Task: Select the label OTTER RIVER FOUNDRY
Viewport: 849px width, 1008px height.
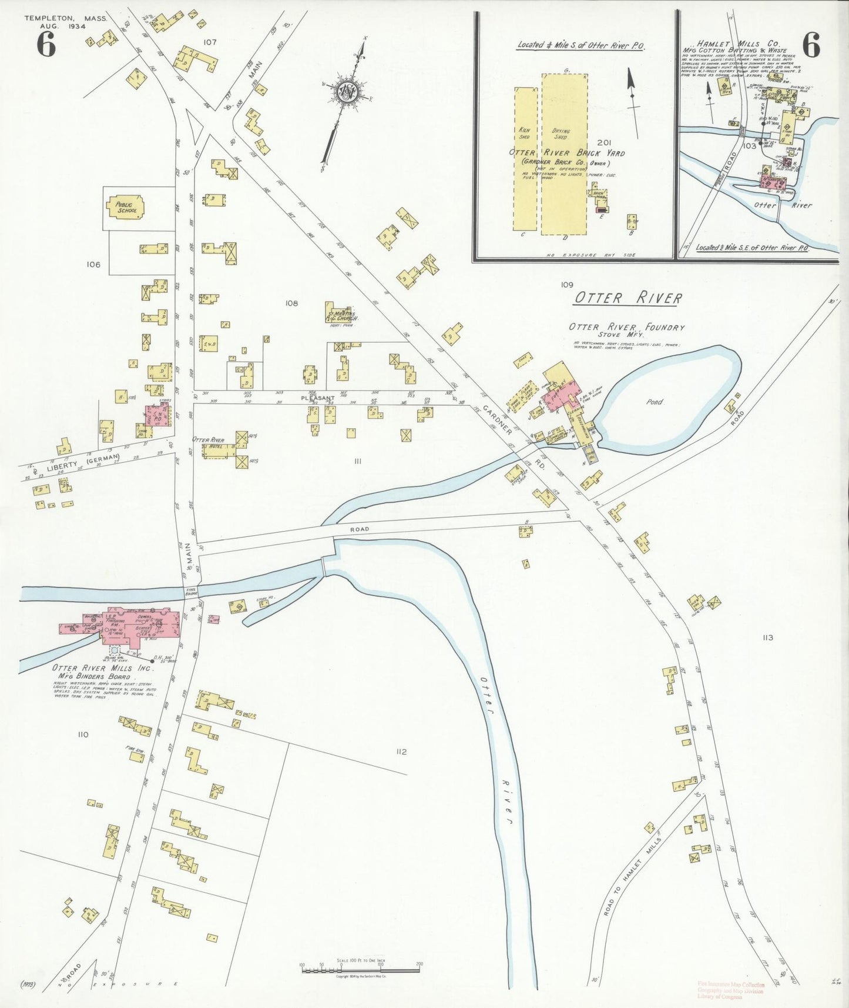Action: [x=626, y=328]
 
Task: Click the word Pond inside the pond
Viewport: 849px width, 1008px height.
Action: [x=655, y=402]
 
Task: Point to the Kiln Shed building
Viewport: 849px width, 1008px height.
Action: [x=525, y=159]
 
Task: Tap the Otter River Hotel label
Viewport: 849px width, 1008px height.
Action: [x=209, y=440]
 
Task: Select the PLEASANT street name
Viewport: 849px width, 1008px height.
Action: [x=317, y=398]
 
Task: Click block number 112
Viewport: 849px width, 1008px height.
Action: [x=401, y=752]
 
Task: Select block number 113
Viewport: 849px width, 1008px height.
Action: [x=767, y=637]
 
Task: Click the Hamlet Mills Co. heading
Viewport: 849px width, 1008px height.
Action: [x=737, y=44]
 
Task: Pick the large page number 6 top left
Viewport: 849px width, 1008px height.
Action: [x=46, y=44]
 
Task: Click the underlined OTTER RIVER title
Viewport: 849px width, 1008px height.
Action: [x=627, y=298]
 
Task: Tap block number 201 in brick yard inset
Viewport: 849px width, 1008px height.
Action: [x=604, y=142]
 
